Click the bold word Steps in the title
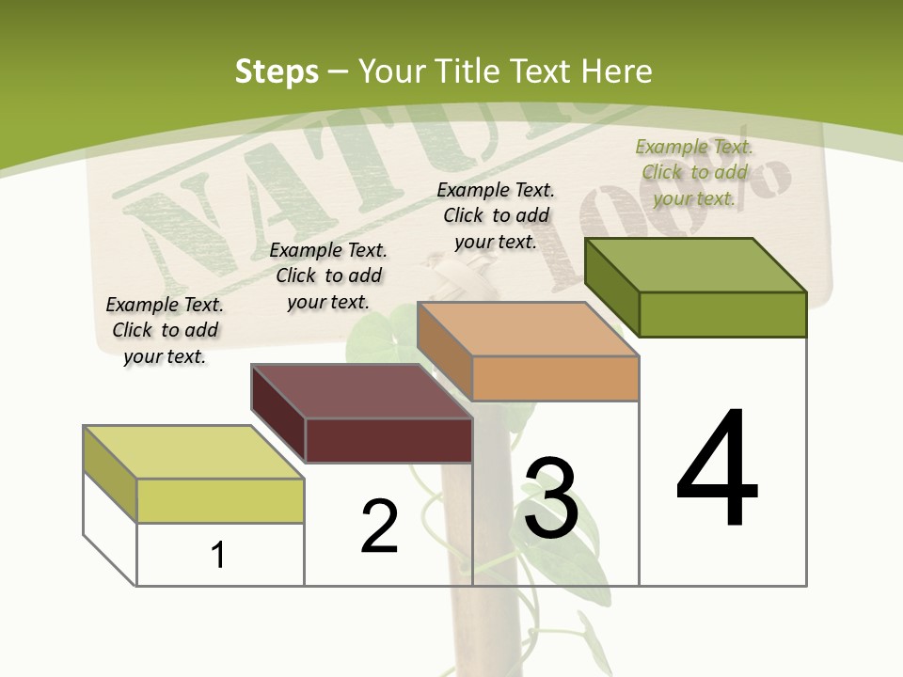[x=277, y=71]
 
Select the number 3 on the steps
[x=551, y=497]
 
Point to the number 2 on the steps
[x=379, y=527]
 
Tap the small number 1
[x=218, y=555]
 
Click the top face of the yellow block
[x=193, y=452]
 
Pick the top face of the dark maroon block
[x=361, y=391]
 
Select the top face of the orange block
[x=528, y=329]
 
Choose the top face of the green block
[x=696, y=265]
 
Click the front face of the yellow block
[x=220, y=500]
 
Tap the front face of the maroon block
[x=388, y=440]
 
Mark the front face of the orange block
[x=555, y=378]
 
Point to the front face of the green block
[x=722, y=314]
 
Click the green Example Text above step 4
[x=694, y=172]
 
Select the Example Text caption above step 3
[x=496, y=215]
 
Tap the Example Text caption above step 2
[x=328, y=276]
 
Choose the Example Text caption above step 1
[x=165, y=330]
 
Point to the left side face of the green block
[x=611, y=288]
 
